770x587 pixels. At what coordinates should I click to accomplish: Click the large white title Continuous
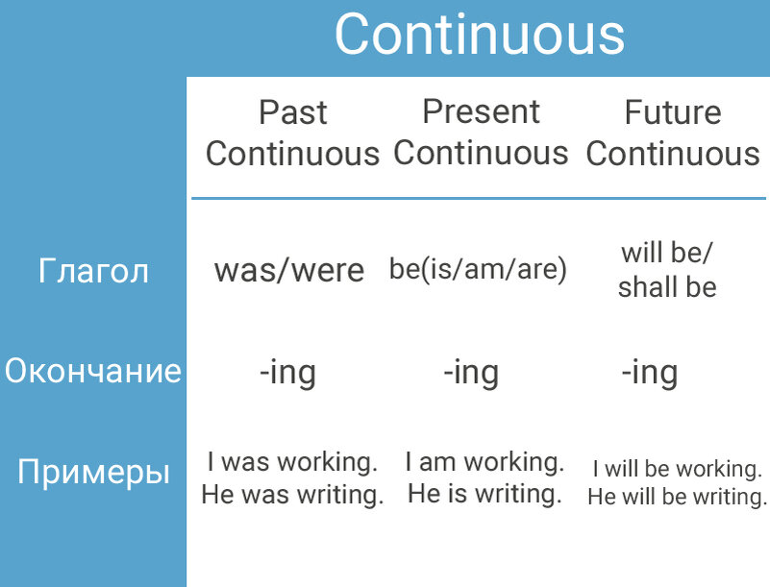point(480,34)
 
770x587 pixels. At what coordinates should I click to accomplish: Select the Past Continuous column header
point(292,133)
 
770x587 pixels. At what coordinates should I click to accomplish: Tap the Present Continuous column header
point(481,132)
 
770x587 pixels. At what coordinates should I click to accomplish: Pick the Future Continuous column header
point(673,133)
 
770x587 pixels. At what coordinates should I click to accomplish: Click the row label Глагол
point(93,270)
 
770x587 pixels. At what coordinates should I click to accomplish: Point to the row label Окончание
point(93,370)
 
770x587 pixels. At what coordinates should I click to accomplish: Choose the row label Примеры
point(93,472)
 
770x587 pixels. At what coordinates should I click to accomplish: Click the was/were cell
point(289,270)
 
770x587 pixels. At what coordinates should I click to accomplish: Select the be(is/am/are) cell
point(478,269)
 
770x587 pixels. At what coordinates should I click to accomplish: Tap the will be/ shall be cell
point(667,269)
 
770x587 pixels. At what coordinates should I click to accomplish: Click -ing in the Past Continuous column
point(287,373)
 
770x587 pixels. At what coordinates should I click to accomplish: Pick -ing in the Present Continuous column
point(471,373)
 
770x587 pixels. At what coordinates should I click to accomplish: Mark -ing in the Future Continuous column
point(650,373)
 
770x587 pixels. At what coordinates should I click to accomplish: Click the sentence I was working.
point(292,462)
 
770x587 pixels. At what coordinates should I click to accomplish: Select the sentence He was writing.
point(292,494)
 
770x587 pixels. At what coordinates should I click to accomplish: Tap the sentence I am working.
point(484,462)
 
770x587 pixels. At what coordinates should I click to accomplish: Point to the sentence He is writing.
point(484,493)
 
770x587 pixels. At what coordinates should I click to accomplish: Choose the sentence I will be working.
point(677,469)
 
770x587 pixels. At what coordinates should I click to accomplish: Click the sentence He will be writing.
point(677,496)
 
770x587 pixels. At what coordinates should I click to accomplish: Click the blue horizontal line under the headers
point(479,198)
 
